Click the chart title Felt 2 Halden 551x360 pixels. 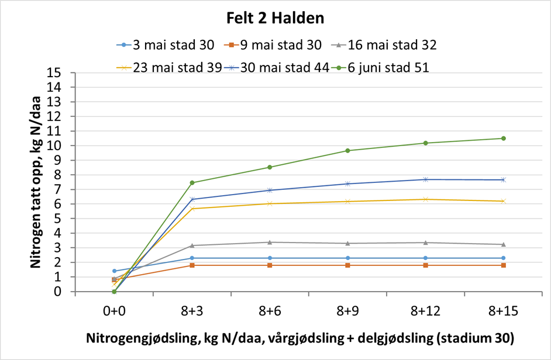pos(275,18)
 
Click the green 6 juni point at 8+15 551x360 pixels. pos(503,139)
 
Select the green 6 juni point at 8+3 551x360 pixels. pos(192,183)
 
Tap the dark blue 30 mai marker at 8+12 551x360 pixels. pos(425,179)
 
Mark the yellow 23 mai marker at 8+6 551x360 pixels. pos(270,203)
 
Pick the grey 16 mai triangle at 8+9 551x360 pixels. pos(347,243)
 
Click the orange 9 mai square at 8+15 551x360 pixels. pos(503,265)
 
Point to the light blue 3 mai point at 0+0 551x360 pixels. pos(114,271)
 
